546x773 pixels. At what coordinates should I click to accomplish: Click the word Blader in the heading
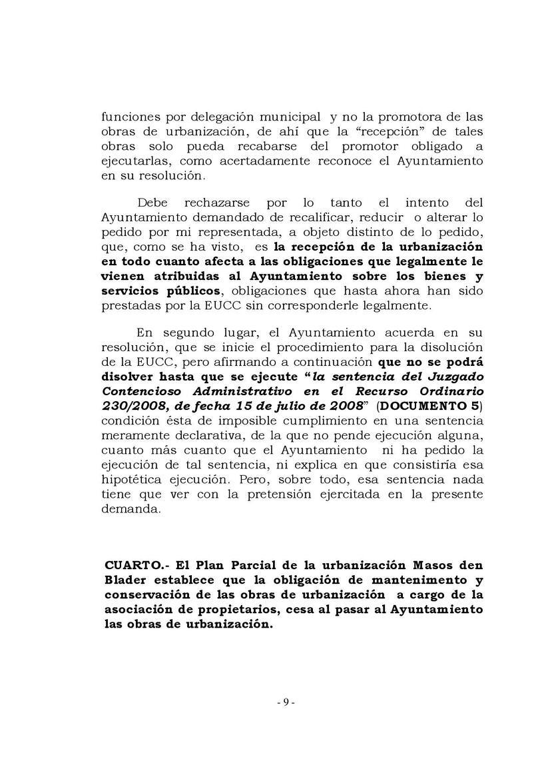point(123,580)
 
